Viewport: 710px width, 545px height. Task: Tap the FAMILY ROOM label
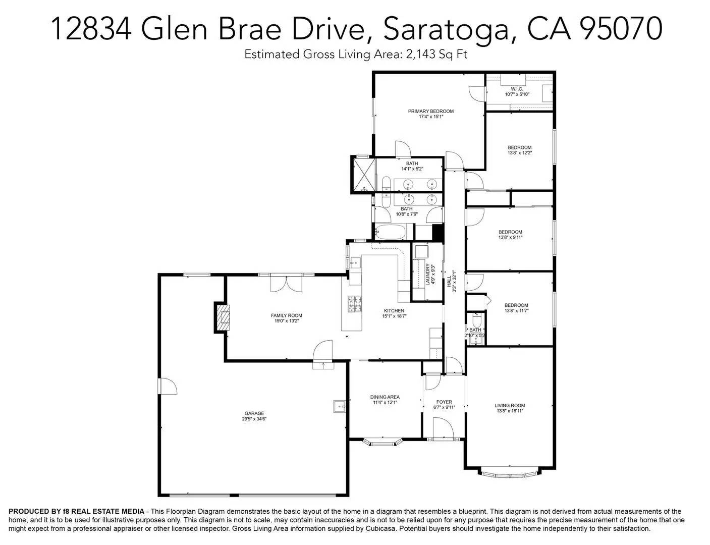[287, 315]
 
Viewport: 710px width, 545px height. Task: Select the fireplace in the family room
[221, 317]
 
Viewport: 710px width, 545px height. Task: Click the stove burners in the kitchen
[355, 303]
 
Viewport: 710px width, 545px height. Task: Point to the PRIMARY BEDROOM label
[430, 111]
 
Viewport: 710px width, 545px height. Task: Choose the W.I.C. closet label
[517, 89]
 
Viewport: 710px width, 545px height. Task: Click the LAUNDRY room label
[427, 275]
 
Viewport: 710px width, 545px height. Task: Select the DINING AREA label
[385, 397]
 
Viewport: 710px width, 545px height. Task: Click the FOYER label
[444, 402]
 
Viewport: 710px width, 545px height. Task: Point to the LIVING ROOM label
[510, 405]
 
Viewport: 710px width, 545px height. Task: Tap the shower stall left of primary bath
[363, 174]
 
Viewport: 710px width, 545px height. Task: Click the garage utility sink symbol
[339, 405]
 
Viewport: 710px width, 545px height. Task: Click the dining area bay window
[383, 443]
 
